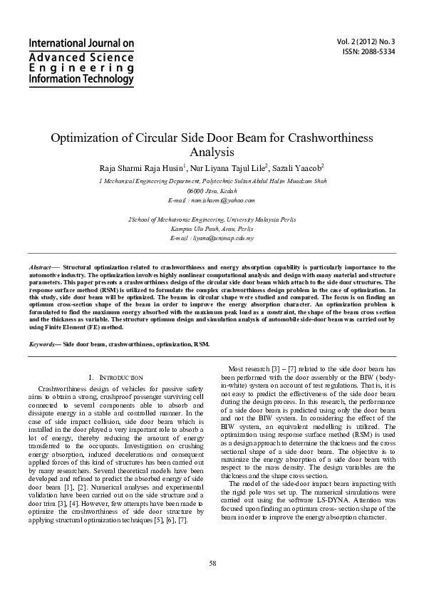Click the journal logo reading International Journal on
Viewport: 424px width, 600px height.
click(x=81, y=44)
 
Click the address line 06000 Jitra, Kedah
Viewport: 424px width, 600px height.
click(x=212, y=192)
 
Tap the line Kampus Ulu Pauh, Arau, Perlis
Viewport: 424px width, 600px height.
click(x=212, y=229)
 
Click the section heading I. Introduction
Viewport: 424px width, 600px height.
click(x=116, y=377)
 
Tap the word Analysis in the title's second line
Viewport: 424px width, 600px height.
click(x=212, y=152)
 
